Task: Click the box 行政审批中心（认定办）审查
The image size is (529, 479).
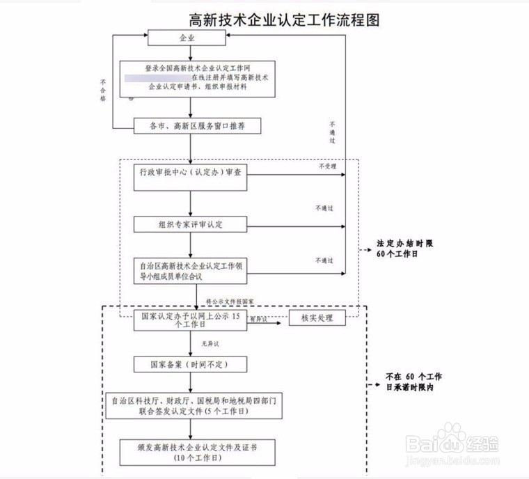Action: (x=190, y=173)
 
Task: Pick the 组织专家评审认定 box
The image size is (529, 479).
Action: (x=190, y=224)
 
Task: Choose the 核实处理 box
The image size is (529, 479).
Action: (x=317, y=318)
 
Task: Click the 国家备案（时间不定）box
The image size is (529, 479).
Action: (x=190, y=364)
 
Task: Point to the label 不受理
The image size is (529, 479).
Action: (x=327, y=166)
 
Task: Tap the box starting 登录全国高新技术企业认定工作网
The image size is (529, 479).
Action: (x=197, y=77)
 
